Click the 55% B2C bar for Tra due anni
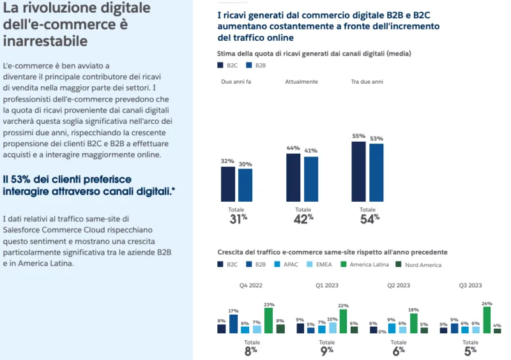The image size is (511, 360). pos(358,171)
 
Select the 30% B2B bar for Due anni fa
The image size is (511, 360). pos(245,185)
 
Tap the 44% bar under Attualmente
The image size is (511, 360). pos(293,177)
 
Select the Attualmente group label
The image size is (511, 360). pos(301,82)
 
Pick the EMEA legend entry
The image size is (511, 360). pos(323,264)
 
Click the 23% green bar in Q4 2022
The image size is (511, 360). pos(268,321)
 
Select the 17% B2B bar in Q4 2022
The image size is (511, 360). pos(233,324)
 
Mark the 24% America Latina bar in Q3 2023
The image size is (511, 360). pos(487,320)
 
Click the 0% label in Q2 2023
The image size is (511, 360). pos(382,331)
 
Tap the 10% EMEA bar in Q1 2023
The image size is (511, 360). pos(333,328)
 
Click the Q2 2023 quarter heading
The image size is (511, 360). pos(399,285)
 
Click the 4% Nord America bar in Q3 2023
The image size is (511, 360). pos(497,331)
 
